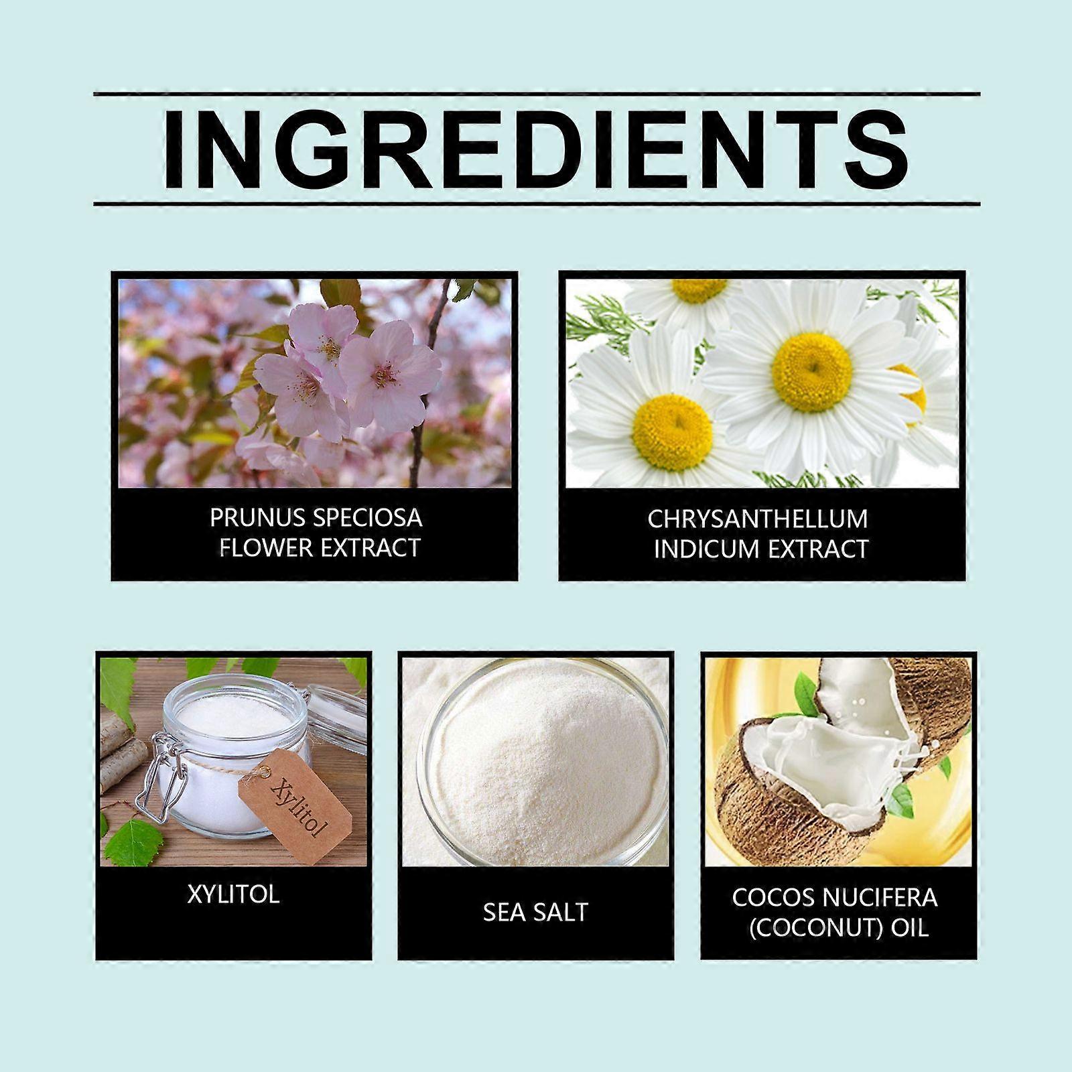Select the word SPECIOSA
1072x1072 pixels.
pyautogui.click(x=364, y=518)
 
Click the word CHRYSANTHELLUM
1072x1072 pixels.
pyautogui.click(x=758, y=519)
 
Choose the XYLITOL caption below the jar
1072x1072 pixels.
pyautogui.click(x=233, y=894)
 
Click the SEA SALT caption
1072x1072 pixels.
pyautogui.click(x=535, y=912)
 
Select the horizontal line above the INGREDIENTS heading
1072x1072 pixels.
pyautogui.click(x=536, y=94)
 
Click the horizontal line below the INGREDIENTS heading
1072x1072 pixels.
pyautogui.click(x=536, y=204)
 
